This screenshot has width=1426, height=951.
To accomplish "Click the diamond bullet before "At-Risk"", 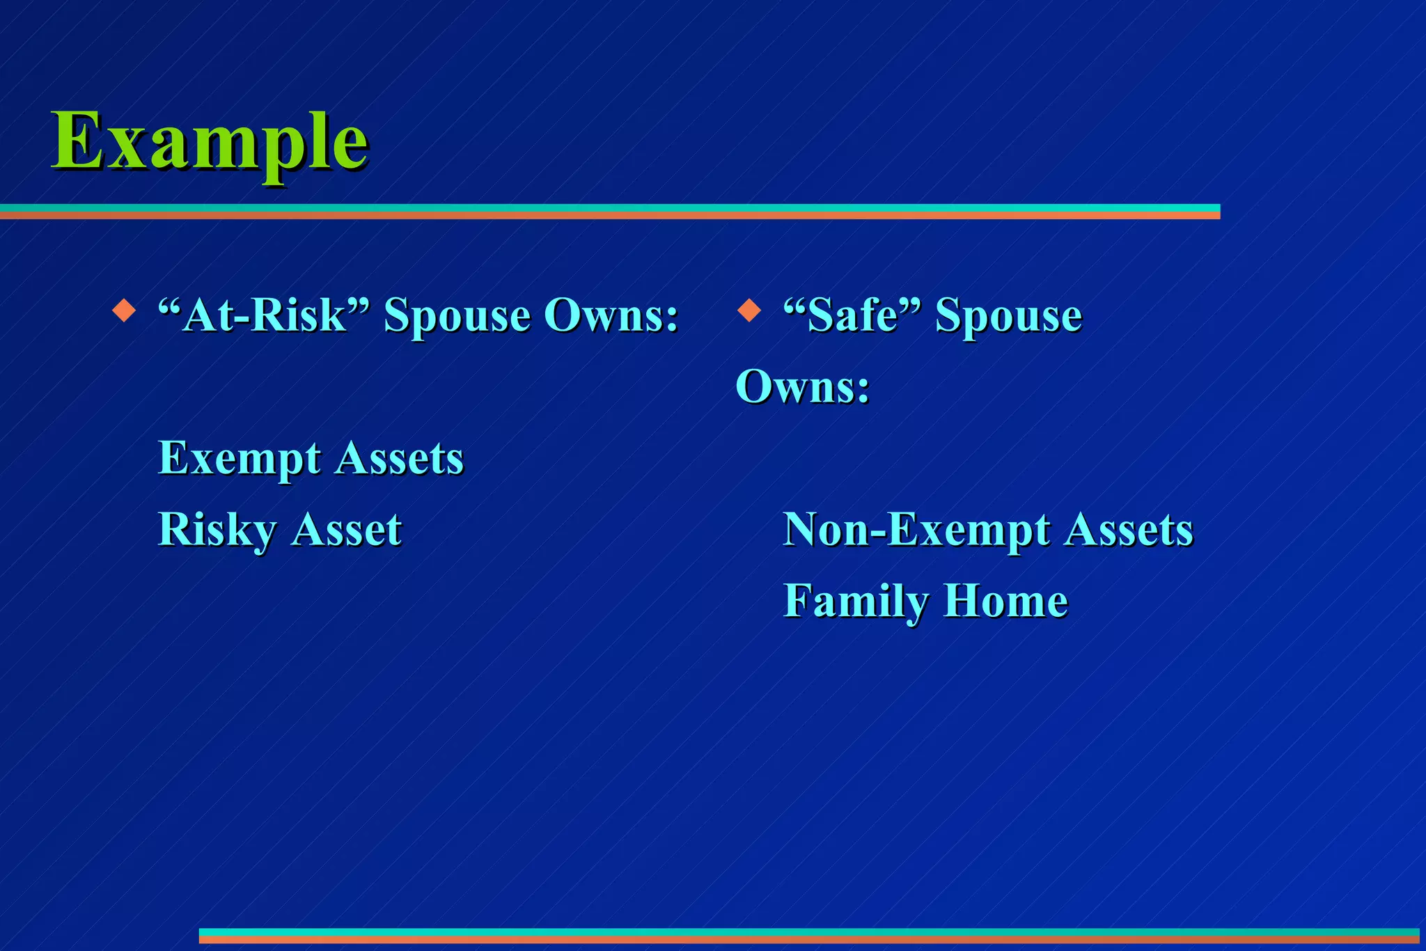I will click(124, 311).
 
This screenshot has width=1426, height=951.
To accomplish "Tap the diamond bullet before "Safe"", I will click(749, 311).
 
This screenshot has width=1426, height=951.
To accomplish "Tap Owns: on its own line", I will click(803, 386).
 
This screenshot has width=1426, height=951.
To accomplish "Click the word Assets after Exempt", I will click(400, 458).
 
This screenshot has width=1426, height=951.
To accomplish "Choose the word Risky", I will click(217, 530).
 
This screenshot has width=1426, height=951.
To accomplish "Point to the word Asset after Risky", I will click(346, 530).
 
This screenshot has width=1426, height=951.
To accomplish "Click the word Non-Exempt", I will click(916, 530).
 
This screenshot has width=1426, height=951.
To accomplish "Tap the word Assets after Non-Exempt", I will click(1129, 530).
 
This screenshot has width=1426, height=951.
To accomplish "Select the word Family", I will click(856, 602).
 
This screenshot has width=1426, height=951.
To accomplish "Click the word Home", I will click(1005, 601).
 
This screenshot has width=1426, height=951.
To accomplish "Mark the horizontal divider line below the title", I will click(609, 212).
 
